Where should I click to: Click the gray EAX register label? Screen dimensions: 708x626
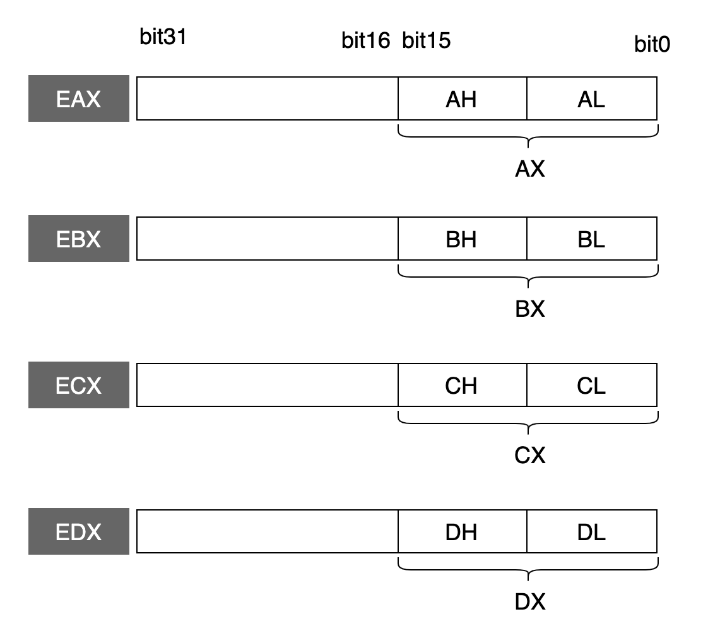(79, 98)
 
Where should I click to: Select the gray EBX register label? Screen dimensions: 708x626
(79, 239)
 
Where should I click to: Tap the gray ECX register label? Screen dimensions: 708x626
(79, 385)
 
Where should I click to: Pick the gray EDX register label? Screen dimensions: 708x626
(79, 531)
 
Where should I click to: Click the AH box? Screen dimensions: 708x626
(463, 98)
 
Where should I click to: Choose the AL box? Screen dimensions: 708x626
(592, 98)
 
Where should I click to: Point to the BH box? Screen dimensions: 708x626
(463, 239)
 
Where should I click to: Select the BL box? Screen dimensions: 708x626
(592, 239)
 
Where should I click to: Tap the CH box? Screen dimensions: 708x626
(463, 385)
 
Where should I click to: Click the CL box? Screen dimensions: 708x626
(592, 385)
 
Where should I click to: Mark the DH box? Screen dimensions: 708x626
(463, 531)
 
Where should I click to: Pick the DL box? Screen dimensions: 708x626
(592, 531)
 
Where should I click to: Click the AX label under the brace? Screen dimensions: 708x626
(530, 169)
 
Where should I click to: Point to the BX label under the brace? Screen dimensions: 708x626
(530, 309)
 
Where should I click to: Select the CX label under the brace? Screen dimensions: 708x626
(530, 455)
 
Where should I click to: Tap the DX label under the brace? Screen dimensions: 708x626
(530, 601)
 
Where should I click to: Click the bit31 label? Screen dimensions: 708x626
(163, 37)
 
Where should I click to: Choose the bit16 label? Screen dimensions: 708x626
(366, 40)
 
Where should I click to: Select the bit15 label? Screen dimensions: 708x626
(426, 40)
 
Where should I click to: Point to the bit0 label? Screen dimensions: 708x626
(652, 44)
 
